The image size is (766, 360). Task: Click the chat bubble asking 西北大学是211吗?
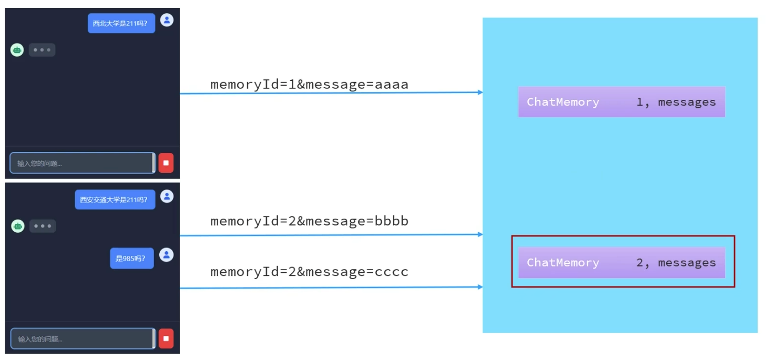tap(121, 23)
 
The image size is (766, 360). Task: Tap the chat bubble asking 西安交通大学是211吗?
tap(115, 200)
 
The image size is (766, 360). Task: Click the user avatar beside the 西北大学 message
tap(167, 20)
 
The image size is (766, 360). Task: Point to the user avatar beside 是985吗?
tap(167, 255)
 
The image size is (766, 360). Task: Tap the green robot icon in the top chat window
tap(17, 50)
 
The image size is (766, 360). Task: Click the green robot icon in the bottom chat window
tap(18, 226)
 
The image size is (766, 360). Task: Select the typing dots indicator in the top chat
tap(42, 50)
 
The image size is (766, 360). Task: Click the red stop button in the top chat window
tap(166, 163)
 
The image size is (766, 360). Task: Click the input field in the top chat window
tap(81, 163)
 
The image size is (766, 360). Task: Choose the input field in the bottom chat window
tap(82, 339)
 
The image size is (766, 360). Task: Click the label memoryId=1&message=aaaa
tap(309, 85)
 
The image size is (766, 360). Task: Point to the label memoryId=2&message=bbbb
tap(309, 221)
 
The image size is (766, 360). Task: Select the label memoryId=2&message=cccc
tap(309, 272)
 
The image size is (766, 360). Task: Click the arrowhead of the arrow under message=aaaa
tap(480, 92)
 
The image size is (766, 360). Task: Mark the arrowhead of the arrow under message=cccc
tap(480, 287)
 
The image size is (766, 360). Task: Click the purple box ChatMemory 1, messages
tap(621, 102)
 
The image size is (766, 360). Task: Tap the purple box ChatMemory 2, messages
tap(621, 263)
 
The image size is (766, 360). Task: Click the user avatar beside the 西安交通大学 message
tap(167, 196)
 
